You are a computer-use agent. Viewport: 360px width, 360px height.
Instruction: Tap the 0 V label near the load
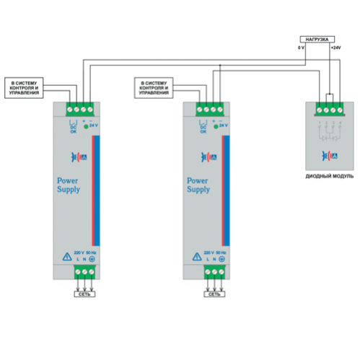(301, 48)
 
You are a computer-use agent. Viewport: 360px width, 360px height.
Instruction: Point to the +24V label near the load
(335, 48)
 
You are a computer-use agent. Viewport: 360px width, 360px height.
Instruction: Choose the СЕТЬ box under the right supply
(214, 294)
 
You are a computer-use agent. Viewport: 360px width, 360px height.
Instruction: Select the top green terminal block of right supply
(208, 110)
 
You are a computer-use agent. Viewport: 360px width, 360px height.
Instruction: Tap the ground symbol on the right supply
(223, 258)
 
